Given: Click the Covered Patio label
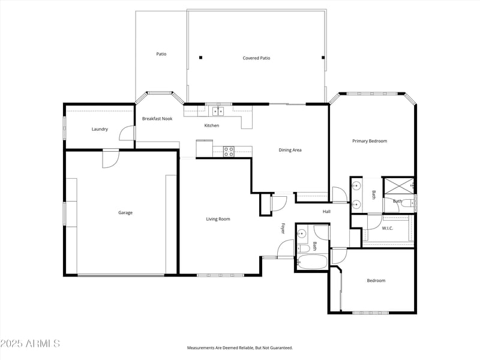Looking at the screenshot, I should click(x=256, y=58).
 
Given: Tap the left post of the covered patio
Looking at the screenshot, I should click(x=200, y=58).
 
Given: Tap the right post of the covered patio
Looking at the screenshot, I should click(x=323, y=58).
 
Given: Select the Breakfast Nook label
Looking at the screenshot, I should click(x=157, y=119).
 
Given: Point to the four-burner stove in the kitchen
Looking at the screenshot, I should click(x=229, y=151).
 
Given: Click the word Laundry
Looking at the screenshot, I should click(x=100, y=129).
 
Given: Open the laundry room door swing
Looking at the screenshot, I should click(x=127, y=133).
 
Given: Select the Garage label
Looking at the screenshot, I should click(x=125, y=212).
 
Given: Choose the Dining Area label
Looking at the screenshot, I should click(x=290, y=150).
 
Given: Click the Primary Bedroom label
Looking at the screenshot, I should click(x=369, y=141).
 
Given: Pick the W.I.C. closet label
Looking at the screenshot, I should click(x=388, y=228).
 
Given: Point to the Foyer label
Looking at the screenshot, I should click(x=283, y=228).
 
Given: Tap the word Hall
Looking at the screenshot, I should click(x=327, y=212).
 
